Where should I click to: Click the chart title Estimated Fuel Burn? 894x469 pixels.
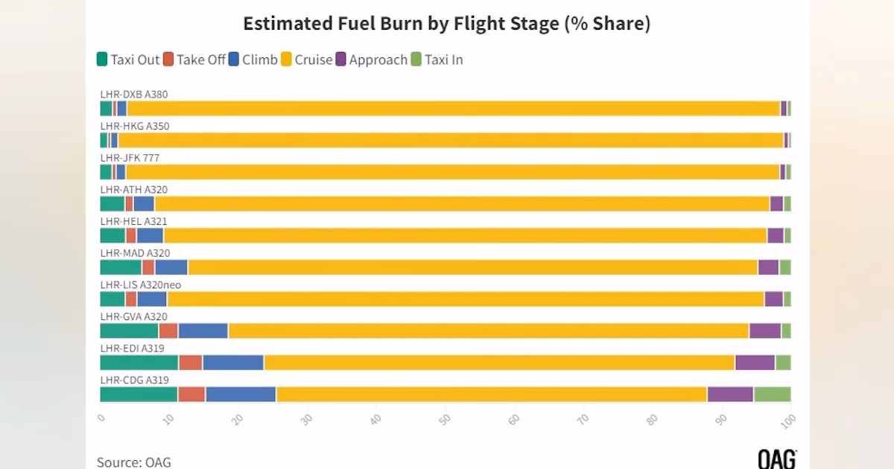(x=446, y=24)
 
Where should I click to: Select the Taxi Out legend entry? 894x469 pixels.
(x=128, y=60)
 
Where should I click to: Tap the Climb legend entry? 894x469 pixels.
(x=253, y=60)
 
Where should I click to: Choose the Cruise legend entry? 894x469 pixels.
(x=306, y=60)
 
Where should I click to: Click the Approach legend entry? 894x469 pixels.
(x=372, y=60)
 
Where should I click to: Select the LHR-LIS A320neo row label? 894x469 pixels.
(x=141, y=285)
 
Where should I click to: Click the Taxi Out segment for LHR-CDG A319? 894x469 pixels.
(x=139, y=395)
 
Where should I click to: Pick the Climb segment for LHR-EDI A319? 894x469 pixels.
(x=233, y=363)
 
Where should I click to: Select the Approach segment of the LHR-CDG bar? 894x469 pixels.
(x=730, y=395)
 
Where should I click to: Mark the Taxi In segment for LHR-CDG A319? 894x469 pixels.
(x=772, y=395)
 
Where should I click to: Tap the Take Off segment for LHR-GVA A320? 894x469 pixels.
(x=168, y=331)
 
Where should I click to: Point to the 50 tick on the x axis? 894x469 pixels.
(x=445, y=419)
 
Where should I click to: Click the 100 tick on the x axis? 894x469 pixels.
(x=787, y=420)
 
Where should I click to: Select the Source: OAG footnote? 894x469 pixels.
(x=134, y=462)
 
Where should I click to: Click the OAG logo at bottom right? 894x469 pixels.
(x=776, y=459)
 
